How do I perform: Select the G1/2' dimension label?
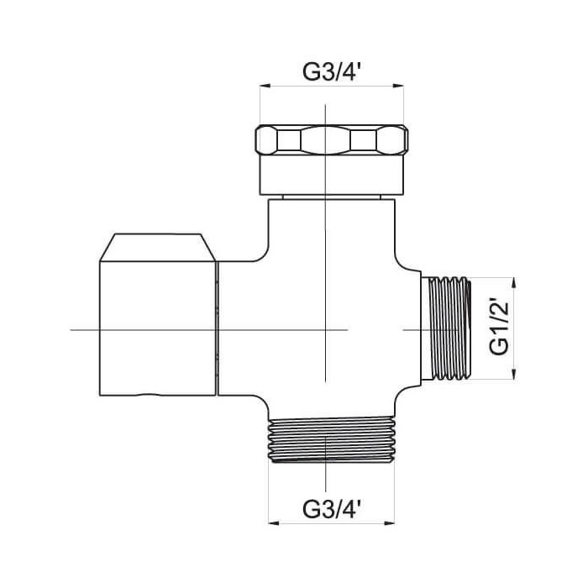500,328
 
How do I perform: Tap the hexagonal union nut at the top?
332,140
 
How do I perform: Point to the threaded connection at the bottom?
332,440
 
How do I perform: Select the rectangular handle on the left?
158,328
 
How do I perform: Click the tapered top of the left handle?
158,247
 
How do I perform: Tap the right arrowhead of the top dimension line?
399,86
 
